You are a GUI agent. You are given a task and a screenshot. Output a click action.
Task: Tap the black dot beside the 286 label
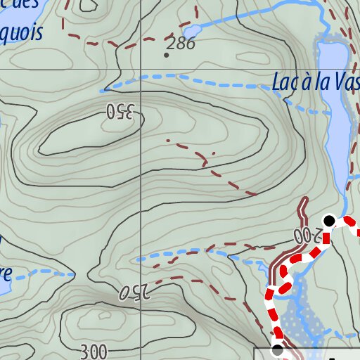click(x=167, y=55)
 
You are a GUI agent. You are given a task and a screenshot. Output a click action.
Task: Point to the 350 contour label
click(x=120, y=110)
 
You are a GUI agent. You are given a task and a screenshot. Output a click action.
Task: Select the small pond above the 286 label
click(x=191, y=31)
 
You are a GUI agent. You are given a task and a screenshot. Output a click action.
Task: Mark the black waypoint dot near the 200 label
click(x=328, y=219)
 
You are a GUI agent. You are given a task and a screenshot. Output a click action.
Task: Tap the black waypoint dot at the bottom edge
click(x=277, y=349)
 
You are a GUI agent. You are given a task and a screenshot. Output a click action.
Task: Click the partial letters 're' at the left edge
click(x=6, y=273)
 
